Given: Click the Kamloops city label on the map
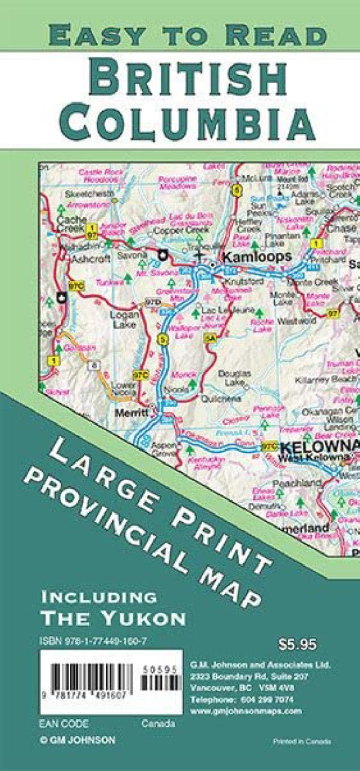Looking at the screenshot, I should coord(256,256).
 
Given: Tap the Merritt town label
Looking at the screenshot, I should coord(132,412).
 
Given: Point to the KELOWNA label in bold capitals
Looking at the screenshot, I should coord(319,446).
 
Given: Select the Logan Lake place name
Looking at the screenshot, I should coord(124,320).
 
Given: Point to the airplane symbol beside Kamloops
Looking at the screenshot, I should coord(198,255).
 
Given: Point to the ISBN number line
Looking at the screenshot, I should coord(93,642).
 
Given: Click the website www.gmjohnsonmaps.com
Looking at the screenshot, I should coord(246,711).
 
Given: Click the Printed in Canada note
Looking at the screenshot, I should coord(302,741).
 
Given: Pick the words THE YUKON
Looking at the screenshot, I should coord(113,618).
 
